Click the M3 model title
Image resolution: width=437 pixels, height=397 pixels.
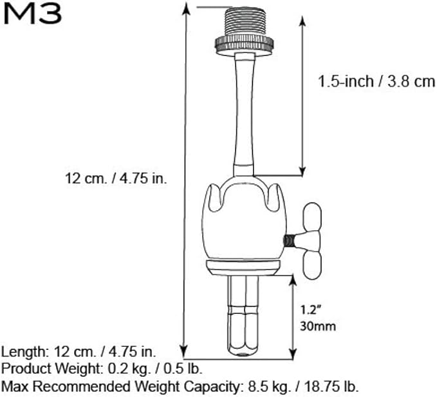click(x=32, y=14)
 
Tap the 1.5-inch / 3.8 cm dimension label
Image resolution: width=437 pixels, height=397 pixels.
click(x=377, y=82)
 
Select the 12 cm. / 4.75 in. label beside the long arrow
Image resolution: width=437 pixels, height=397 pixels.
click(x=116, y=178)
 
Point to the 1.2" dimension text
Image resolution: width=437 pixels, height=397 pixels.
click(x=310, y=310)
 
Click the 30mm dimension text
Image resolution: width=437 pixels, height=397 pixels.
click(x=318, y=326)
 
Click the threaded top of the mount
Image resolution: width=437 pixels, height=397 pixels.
click(x=245, y=22)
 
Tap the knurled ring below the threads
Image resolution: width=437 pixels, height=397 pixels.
click(x=244, y=44)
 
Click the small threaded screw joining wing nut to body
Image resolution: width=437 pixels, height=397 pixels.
click(x=289, y=241)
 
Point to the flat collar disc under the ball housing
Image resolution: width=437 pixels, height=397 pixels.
click(x=243, y=267)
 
